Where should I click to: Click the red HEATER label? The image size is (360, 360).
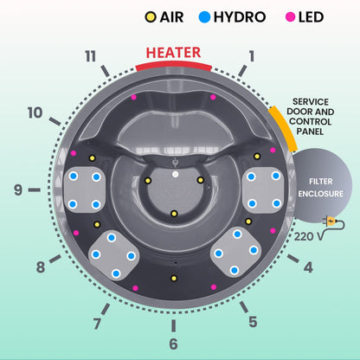[173, 53]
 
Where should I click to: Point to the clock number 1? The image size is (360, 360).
[252, 57]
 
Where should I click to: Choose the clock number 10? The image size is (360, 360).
[35, 113]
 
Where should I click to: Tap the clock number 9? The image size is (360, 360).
[17, 188]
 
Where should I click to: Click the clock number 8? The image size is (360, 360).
[40, 267]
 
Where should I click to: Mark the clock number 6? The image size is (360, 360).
[174, 344]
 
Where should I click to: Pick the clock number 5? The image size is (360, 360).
[253, 323]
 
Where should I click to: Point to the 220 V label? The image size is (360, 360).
[306, 234]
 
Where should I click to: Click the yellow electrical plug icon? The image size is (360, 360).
[329, 222]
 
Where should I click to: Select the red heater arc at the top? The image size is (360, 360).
[173, 66]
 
